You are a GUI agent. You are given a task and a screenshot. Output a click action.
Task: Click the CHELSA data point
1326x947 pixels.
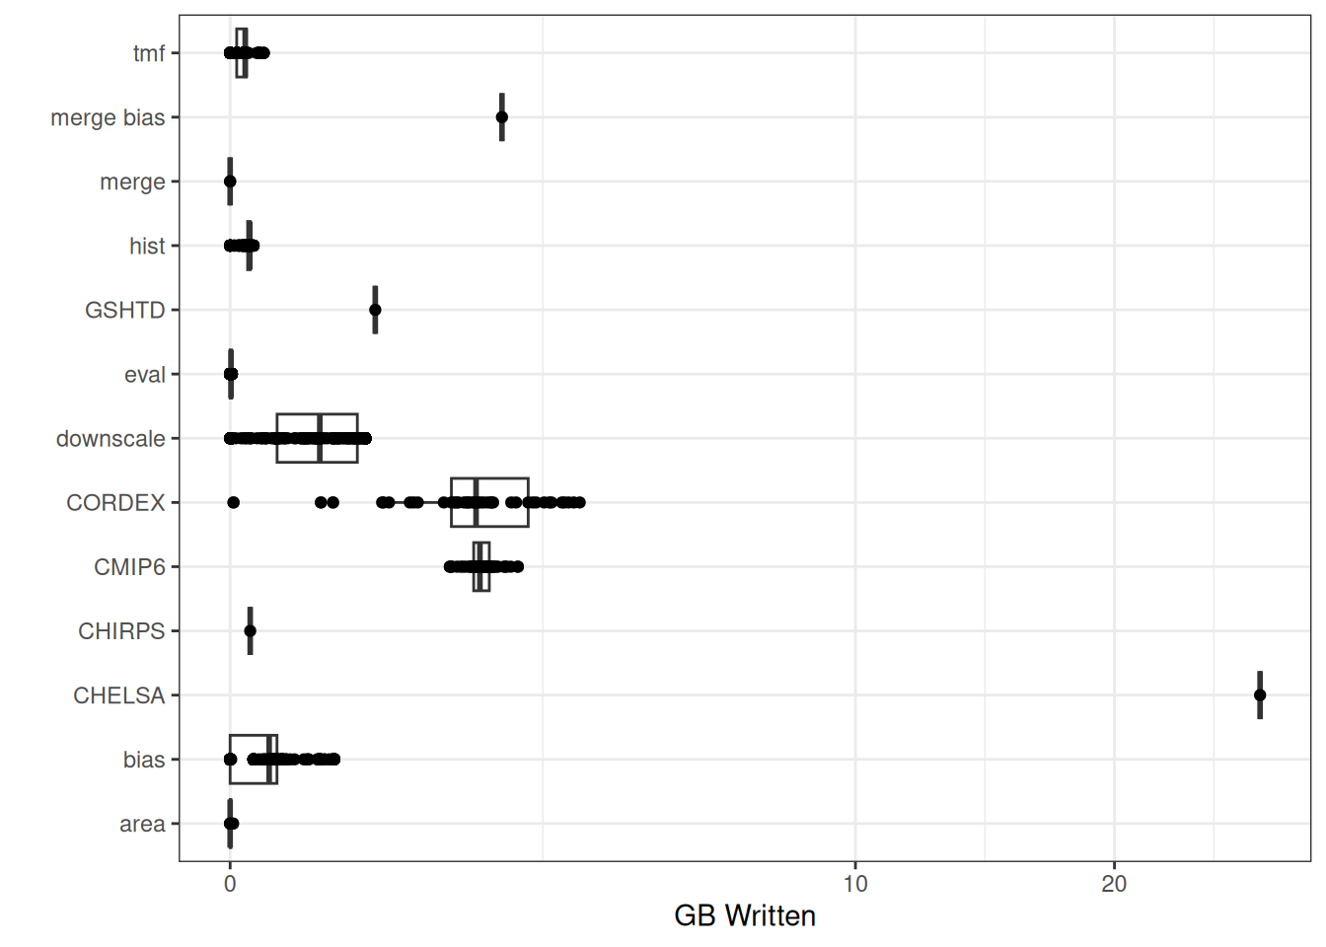tap(1260, 695)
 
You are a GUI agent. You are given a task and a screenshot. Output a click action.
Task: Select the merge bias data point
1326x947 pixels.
tap(502, 117)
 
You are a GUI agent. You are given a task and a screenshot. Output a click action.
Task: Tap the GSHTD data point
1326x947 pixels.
tap(375, 310)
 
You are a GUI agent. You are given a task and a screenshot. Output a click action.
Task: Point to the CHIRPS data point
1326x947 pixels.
tap(250, 631)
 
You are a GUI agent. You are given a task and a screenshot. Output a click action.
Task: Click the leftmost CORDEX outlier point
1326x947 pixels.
tap(234, 503)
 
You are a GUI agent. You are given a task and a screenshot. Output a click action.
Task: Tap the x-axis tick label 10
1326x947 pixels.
tap(855, 884)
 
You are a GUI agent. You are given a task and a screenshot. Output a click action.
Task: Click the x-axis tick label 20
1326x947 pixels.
tap(1114, 884)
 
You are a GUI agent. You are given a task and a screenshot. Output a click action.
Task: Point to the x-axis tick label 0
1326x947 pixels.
tap(230, 884)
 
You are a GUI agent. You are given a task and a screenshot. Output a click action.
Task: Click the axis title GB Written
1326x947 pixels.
tap(745, 916)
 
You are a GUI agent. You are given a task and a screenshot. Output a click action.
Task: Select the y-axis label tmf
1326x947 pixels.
tap(149, 53)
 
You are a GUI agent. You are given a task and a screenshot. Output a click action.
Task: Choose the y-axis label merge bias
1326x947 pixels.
tap(108, 117)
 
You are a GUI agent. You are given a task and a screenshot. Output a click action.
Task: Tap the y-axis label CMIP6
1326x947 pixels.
tap(129, 567)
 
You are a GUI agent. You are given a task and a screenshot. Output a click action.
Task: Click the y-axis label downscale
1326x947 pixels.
tap(110, 439)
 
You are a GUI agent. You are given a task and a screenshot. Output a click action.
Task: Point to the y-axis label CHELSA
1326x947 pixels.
tap(118, 695)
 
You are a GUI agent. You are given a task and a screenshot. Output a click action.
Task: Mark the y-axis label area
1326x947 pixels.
tap(142, 825)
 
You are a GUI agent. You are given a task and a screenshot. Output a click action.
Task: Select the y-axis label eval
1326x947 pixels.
tap(145, 375)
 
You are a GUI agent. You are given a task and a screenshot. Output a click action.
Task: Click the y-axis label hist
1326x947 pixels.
tap(147, 246)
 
